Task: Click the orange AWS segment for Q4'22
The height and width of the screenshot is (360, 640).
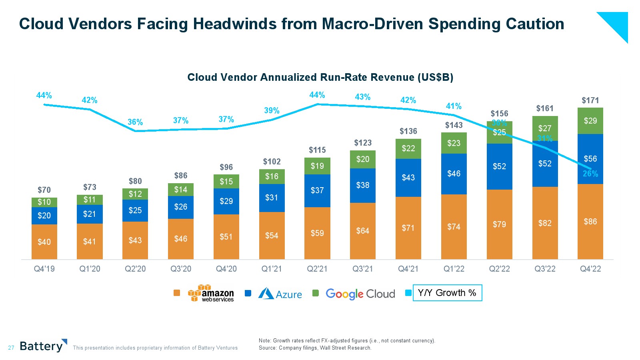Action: pos(590,222)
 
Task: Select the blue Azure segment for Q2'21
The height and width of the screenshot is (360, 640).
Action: pos(317,190)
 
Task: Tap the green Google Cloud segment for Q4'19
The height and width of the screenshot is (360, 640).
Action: pos(44,202)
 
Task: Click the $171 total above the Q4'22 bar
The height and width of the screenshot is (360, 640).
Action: pos(590,100)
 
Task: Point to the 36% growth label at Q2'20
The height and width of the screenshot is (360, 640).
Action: pos(135,122)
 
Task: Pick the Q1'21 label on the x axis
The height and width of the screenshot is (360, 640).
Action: pos(272,269)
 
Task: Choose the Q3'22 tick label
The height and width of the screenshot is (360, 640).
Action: pos(545,269)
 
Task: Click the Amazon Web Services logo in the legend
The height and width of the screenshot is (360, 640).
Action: pos(211,294)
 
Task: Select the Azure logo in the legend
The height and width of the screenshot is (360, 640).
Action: pos(280,294)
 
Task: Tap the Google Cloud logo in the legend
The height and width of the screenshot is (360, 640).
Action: pos(360,294)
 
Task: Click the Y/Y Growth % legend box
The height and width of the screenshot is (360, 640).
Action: pos(447,293)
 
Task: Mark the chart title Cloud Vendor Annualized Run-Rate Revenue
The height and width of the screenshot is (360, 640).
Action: pos(320,77)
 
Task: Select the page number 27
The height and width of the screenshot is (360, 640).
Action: pos(11,348)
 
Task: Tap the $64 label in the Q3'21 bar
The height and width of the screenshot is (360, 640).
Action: pos(363,231)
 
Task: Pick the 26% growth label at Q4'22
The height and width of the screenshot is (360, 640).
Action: pos(590,174)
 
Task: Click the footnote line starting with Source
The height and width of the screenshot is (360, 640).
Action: pos(315,348)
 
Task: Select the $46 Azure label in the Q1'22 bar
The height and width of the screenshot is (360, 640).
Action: pos(454,174)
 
